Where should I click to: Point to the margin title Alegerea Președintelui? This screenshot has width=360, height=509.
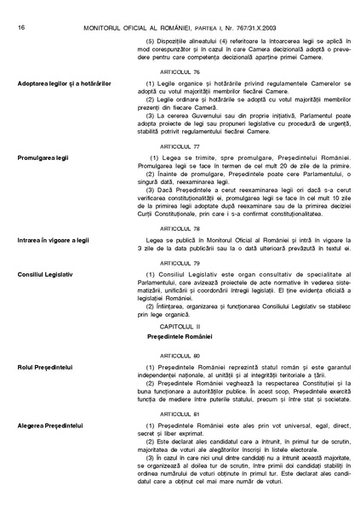pyautogui.click(x=49, y=424)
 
